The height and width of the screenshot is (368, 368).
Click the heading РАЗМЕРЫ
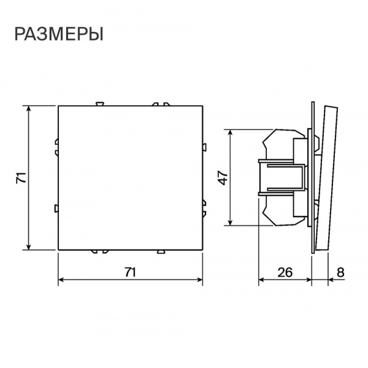click(x=59, y=34)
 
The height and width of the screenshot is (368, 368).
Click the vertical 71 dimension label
click(x=21, y=178)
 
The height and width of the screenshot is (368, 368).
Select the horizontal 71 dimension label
click(x=130, y=272)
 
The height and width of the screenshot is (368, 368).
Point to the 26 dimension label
click(x=285, y=272)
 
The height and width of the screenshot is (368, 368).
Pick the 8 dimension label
click(x=340, y=272)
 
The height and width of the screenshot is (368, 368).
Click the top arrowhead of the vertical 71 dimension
click(x=29, y=109)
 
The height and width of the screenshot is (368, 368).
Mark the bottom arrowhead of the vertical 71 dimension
click(x=29, y=247)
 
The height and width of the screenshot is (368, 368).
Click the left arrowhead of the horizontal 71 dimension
click(x=61, y=280)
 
